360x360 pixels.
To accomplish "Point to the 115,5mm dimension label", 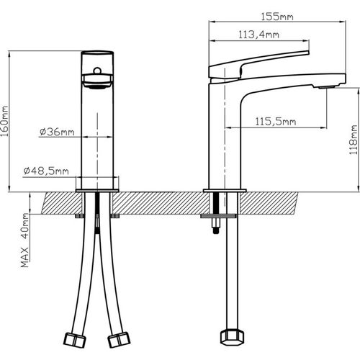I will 276,122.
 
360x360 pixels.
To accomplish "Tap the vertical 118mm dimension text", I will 353,139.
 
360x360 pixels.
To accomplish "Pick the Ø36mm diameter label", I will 57,132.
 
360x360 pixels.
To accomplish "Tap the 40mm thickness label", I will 24,228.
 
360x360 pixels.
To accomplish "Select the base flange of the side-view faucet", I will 225,190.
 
